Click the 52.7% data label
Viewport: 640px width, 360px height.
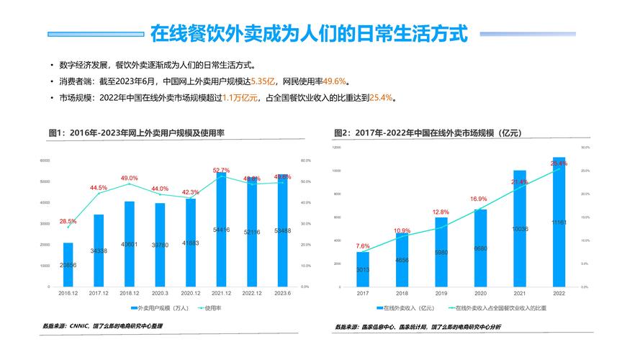pos(221,171)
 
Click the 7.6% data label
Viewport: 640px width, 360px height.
pos(363,246)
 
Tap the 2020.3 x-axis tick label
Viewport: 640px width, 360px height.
pos(160,294)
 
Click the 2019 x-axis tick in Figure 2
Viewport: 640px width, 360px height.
pos(441,294)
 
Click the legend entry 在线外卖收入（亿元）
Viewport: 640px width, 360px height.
pos(409,308)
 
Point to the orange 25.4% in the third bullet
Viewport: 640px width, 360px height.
pos(381,98)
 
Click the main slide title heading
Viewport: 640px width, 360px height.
pos(309,33)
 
